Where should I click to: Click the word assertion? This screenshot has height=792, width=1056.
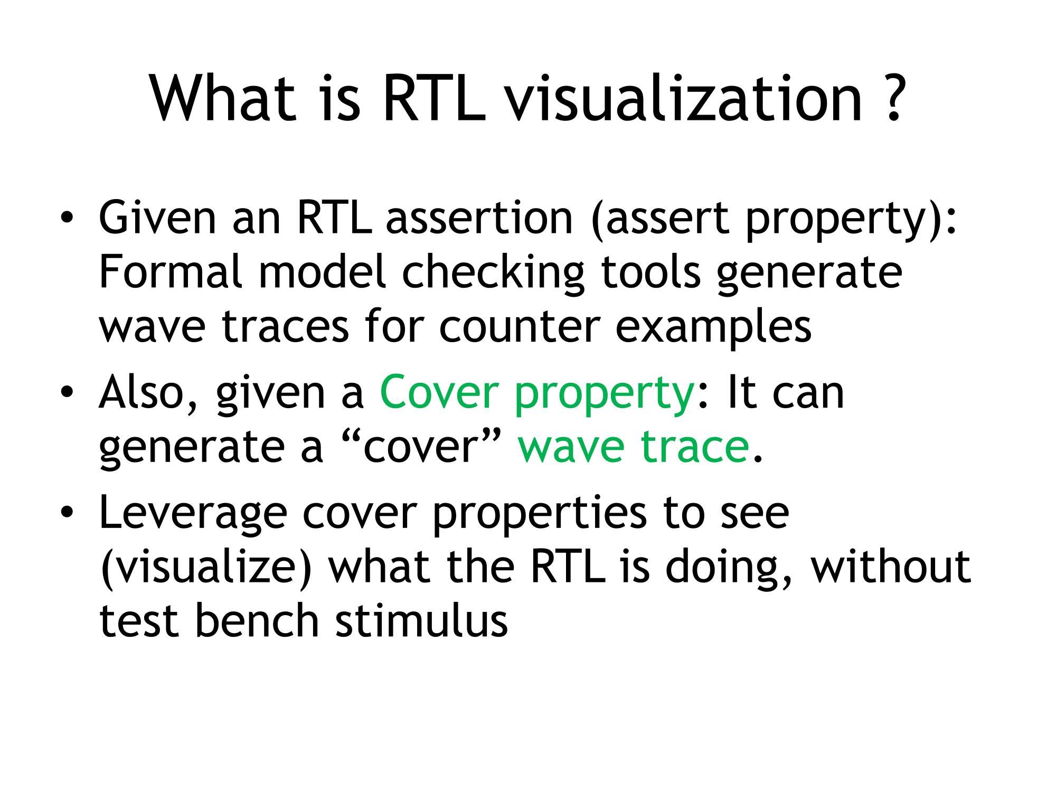click(479, 218)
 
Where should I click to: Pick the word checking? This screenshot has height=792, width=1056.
click(493, 272)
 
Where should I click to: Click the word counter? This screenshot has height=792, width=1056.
click(520, 327)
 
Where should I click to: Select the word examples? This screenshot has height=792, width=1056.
click(713, 328)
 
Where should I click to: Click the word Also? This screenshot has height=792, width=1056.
click(148, 392)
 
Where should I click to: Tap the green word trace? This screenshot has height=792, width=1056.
click(695, 447)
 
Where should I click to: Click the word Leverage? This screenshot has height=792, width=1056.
click(193, 514)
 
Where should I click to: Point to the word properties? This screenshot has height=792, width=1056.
click(539, 514)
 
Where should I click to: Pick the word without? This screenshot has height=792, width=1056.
click(891, 567)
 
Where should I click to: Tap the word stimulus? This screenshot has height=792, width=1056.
click(421, 620)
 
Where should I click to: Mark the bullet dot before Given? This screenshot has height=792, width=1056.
click(67, 218)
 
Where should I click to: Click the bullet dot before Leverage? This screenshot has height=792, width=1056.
click(67, 512)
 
